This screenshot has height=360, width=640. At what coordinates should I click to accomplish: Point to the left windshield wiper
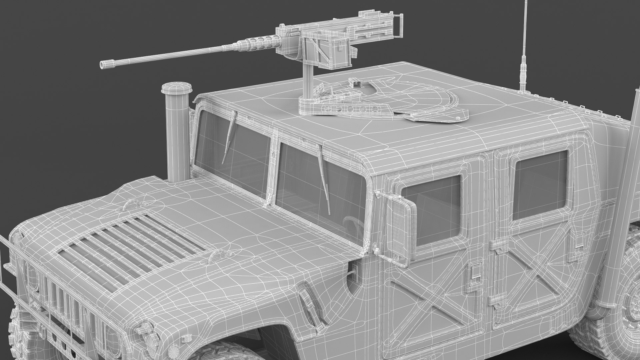pyautogui.click(x=230, y=133)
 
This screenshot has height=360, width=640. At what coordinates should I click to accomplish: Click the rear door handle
pyautogui.click(x=580, y=240)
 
